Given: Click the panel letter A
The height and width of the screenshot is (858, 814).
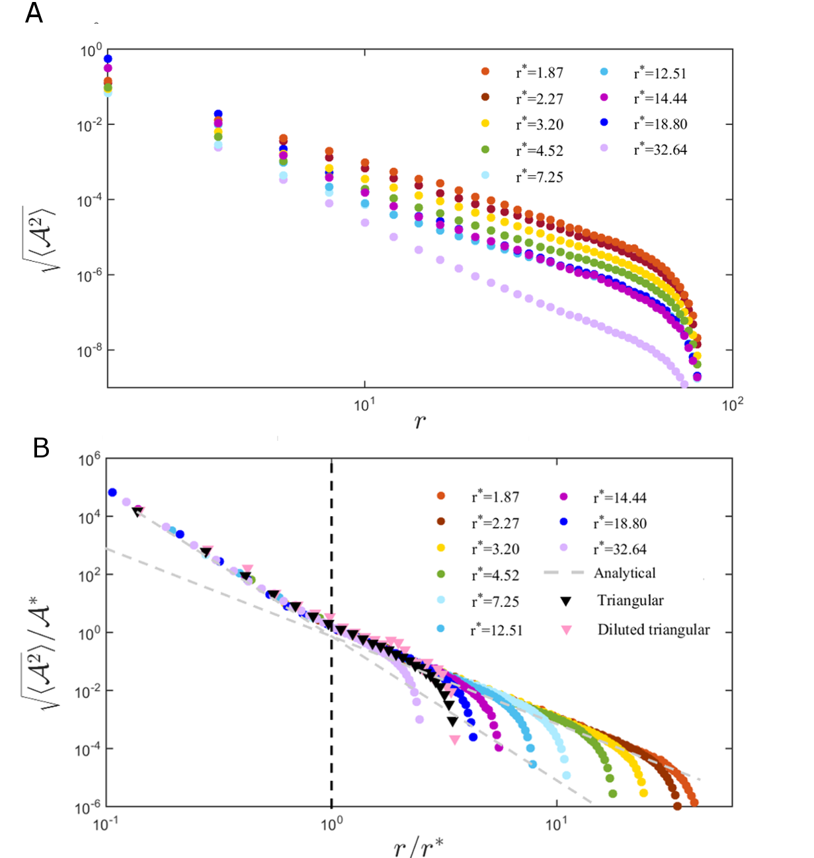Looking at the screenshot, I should [34, 13].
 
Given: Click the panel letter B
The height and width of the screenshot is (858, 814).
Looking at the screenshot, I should [41, 448].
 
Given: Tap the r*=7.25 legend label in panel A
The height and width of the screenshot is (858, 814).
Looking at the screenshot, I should [540, 177].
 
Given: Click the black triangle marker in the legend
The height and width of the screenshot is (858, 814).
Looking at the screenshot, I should [566, 601].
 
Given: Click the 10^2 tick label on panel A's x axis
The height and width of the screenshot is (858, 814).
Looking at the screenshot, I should [732, 405].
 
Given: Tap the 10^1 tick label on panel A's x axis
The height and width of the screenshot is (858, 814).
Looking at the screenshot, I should [364, 405].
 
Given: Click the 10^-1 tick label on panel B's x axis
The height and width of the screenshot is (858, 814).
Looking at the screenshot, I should [106, 824].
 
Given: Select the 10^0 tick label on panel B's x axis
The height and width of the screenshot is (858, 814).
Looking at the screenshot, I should [331, 824].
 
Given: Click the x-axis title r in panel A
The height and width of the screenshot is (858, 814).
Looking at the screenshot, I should [420, 421].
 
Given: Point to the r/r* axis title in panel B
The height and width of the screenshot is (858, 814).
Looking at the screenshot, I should [418, 845].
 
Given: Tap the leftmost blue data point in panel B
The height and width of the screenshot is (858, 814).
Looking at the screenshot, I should [112, 492].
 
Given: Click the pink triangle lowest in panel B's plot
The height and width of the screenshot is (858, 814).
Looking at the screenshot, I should [454, 740].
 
